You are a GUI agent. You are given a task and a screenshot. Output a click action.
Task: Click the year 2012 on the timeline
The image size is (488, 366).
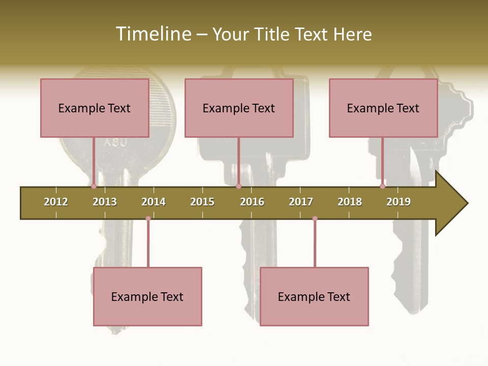tap(56, 202)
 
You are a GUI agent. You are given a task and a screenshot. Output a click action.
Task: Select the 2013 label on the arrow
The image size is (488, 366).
tap(105, 202)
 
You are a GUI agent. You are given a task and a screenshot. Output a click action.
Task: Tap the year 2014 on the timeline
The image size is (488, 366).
tap(154, 202)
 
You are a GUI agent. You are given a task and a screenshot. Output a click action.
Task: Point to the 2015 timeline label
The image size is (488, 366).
tap(202, 202)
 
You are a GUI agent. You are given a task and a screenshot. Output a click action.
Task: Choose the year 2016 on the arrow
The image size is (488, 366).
tap(252, 202)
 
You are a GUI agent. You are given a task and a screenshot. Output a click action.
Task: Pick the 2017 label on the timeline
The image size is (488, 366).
tap(301, 202)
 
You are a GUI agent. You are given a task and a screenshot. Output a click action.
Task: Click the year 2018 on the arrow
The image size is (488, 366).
tap(350, 202)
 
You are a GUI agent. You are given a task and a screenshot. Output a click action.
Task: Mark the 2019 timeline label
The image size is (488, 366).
tap(399, 202)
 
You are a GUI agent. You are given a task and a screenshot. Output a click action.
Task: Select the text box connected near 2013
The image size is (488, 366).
tap(95, 108)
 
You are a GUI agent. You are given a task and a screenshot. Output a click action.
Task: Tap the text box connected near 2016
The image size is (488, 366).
tap(239, 108)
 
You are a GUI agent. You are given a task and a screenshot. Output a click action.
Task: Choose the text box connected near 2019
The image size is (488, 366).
tap(383, 108)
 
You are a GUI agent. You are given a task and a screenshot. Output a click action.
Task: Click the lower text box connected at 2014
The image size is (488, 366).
tap(147, 296)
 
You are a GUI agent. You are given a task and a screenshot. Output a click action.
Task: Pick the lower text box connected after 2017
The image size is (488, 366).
tap(314, 296)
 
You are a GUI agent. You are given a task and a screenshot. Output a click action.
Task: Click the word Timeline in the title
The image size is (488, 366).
tap(152, 34)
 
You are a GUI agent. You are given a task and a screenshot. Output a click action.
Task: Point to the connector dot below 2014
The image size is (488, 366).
tap(148, 219)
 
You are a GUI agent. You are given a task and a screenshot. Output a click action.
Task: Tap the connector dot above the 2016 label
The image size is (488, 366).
tap(238, 187)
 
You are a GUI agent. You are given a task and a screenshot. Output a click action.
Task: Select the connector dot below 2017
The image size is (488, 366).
tap(315, 219)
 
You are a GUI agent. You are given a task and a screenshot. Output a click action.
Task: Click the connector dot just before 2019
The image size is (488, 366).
tap(382, 187)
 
